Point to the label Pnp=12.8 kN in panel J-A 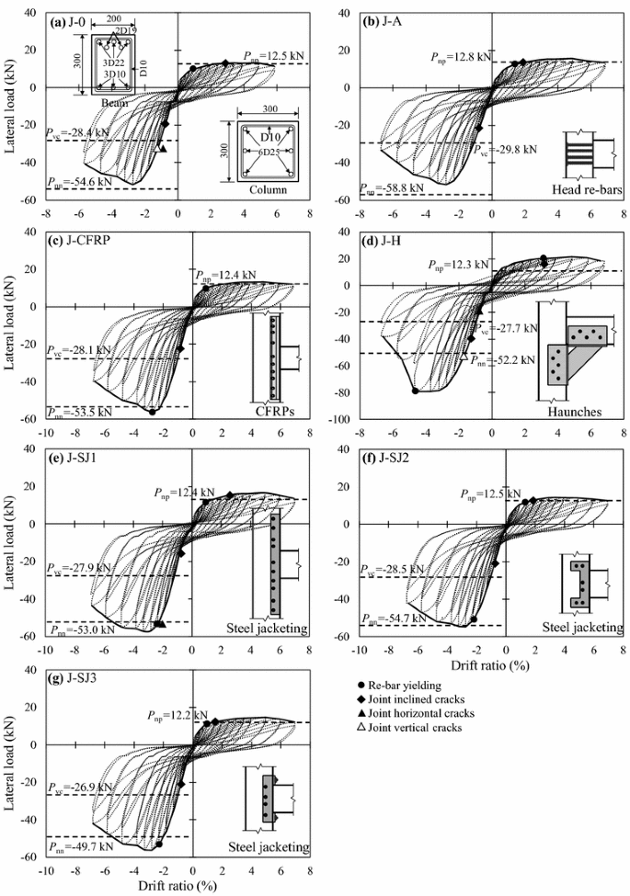pos(461,57)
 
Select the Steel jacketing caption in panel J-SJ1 pos(266,629)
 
